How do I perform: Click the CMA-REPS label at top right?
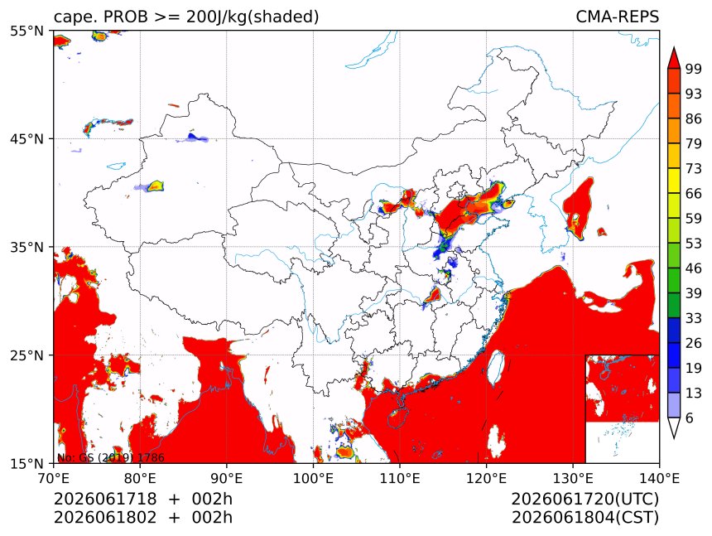tap(617, 17)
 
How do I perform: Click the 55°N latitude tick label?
tap(26, 31)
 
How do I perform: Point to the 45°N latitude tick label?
tap(26, 138)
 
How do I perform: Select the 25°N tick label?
tap(26, 355)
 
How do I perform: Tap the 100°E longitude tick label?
tap(313, 478)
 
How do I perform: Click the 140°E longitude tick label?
tap(659, 478)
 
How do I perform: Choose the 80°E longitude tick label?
tap(139, 478)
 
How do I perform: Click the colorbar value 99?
tap(694, 69)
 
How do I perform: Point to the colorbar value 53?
tap(694, 244)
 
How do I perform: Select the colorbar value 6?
tap(690, 418)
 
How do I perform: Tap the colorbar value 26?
tap(694, 343)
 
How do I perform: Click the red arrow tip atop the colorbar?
tap(674, 47)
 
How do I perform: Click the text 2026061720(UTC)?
tap(585, 499)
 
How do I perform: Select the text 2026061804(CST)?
tap(585, 518)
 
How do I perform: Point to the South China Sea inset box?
tap(622, 408)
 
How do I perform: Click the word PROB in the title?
tap(126, 17)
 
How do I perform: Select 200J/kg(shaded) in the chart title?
tap(253, 17)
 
